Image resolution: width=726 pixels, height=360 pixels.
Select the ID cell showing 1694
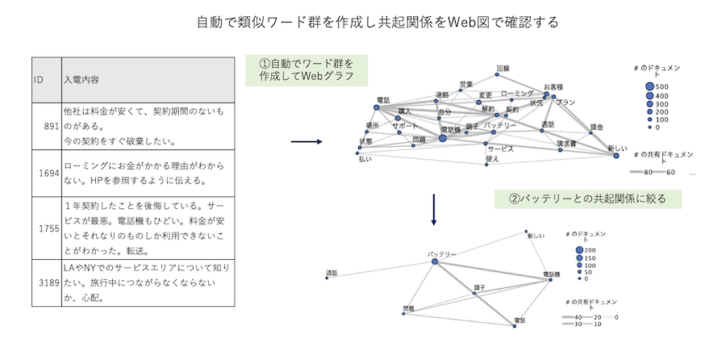coord(47,172)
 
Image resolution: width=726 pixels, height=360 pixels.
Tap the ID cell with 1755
coord(47,228)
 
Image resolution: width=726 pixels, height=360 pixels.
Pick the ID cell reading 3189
coord(47,282)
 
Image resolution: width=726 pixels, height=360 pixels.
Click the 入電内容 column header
coord(148,81)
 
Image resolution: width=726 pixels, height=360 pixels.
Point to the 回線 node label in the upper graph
coord(503,69)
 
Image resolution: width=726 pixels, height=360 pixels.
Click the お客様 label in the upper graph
coord(553,86)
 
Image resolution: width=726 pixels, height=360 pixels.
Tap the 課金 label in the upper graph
coord(597,127)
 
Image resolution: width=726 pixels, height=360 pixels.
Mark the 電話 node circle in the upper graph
coord(377,107)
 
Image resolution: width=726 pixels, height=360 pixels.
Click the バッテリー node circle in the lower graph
coord(434,262)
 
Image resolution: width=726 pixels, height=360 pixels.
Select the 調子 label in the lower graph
coord(479,287)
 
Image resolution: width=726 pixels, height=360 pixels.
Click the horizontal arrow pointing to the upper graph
coord(305,142)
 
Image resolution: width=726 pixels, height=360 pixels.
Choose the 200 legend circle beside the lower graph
coord(580,251)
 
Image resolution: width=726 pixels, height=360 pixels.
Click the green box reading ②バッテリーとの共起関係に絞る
coord(588,198)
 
